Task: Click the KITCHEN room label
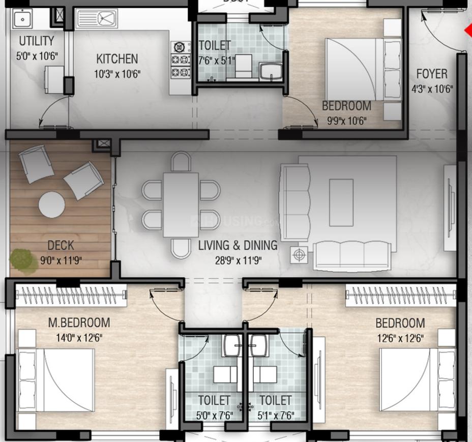(x=117, y=59)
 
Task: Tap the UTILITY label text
(x=36, y=41)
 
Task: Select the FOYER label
(x=432, y=74)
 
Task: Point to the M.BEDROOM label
(x=79, y=322)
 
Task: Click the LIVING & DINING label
(x=238, y=246)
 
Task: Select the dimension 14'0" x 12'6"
(x=79, y=337)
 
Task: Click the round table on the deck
(x=52, y=204)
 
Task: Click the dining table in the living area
(x=181, y=205)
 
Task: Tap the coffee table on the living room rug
(x=341, y=202)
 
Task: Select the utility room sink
(x=22, y=19)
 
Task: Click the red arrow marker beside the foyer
(x=468, y=31)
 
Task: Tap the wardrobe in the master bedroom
(x=71, y=296)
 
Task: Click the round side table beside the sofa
(x=299, y=254)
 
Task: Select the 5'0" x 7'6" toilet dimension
(x=214, y=415)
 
